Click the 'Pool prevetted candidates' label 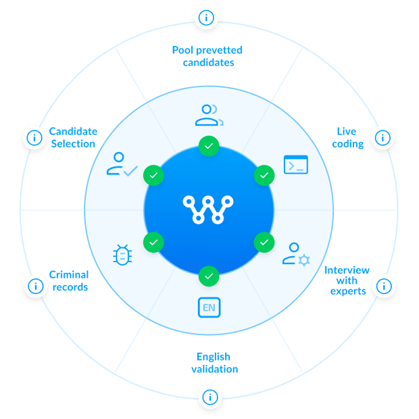pos(207,56)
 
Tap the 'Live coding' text pos(347,137)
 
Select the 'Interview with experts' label pos(347,280)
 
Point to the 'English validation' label pos(214,363)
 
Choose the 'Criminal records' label pos(69,280)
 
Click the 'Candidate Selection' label pos(72,137)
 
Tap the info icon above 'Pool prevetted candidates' pos(206,18)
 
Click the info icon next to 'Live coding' pos(383,138)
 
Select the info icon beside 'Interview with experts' pos(383,286)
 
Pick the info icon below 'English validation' pos(210,397)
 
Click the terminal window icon pos(295,164)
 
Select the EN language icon pos(209,308)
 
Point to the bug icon pos(122,255)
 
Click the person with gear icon pos(296,254)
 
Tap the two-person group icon pos(209,115)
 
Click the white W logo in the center pos(209,209)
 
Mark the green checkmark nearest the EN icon pos(209,276)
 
